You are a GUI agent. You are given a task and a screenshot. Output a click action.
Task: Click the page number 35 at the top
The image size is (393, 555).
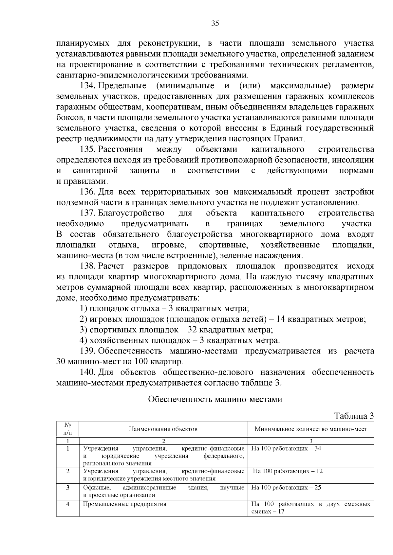coord(215,24)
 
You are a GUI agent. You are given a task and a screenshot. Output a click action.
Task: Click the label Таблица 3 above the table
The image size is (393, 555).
coord(354,416)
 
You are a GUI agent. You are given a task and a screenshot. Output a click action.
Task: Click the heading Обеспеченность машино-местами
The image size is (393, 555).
coord(215,399)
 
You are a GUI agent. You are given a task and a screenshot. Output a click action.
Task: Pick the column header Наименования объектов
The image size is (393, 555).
coord(163,429)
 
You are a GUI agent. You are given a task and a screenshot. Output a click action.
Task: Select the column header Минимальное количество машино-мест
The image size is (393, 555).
coord(311,429)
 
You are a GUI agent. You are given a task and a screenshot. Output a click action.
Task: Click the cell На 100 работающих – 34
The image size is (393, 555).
coord(286,448)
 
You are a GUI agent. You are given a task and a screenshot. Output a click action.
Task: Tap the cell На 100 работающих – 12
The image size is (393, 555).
coord(288,471)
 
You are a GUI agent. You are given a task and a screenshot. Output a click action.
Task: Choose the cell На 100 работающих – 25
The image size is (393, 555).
coord(286,488)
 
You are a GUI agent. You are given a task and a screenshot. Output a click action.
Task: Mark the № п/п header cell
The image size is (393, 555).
coord(68,429)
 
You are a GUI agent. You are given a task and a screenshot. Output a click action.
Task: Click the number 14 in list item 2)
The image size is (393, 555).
coord(281,319)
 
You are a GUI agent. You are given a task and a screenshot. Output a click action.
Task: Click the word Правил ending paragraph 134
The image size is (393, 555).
coord(288,139)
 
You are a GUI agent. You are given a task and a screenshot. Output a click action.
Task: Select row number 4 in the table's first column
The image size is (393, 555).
coord(68,504)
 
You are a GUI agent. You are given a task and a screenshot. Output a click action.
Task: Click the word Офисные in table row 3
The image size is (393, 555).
coord(94,488)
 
